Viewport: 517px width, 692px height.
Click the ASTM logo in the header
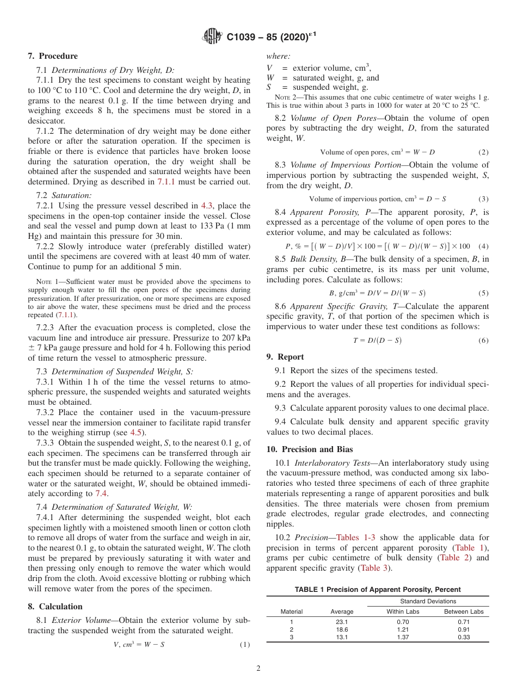coord(212,36)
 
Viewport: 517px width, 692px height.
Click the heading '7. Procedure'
coord(52,56)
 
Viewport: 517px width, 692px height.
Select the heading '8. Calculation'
coord(55,607)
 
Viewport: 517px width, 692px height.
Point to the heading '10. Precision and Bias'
coord(310,449)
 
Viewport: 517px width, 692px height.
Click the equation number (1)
coord(245,645)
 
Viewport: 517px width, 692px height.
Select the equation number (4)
coord(483,246)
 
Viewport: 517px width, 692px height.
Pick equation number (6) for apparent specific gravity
coord(483,341)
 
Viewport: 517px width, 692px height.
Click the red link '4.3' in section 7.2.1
coord(207,206)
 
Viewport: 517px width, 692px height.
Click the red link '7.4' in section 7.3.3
coord(101,493)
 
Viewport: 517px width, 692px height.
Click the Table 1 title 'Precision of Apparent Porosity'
coord(377,589)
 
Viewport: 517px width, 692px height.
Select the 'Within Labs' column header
coord(403,611)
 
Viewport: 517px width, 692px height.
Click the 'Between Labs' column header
coord(464,611)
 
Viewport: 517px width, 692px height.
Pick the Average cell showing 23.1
coord(342,622)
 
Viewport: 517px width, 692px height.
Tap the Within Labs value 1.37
coord(403,637)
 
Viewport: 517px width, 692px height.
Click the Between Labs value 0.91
coord(464,629)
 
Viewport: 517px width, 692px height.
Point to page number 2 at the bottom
coord(258,669)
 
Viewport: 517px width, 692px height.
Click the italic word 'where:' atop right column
coord(278,56)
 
